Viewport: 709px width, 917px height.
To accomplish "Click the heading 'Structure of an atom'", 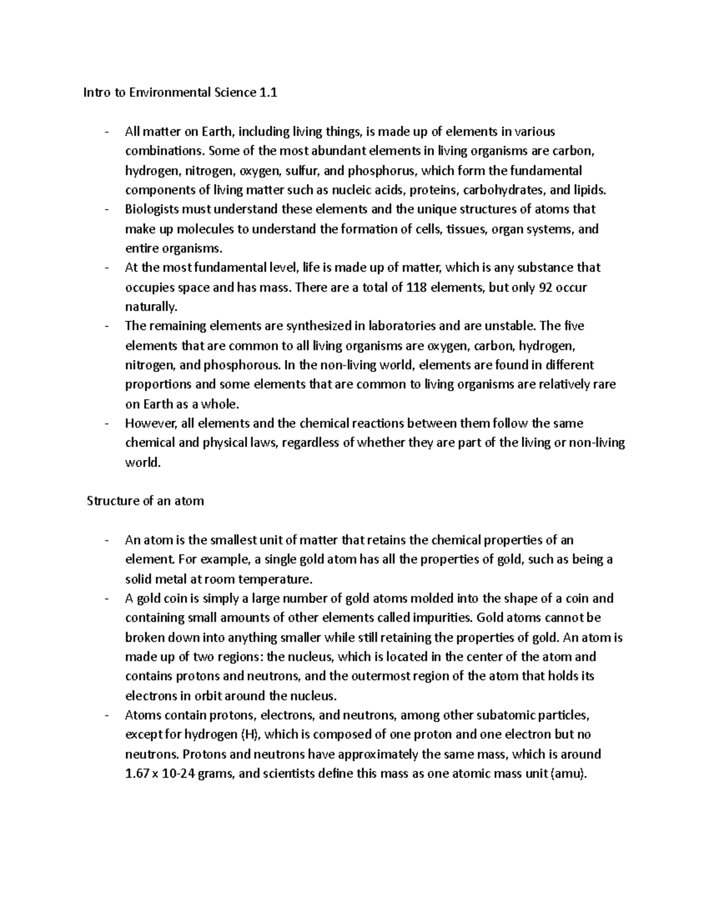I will [x=145, y=501].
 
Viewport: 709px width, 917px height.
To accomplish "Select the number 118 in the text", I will [x=417, y=288].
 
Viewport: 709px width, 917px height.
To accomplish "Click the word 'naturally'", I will [x=150, y=307].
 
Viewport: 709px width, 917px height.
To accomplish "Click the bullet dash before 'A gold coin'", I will [x=106, y=599].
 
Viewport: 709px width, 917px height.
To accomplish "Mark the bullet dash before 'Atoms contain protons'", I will [x=106, y=716].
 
